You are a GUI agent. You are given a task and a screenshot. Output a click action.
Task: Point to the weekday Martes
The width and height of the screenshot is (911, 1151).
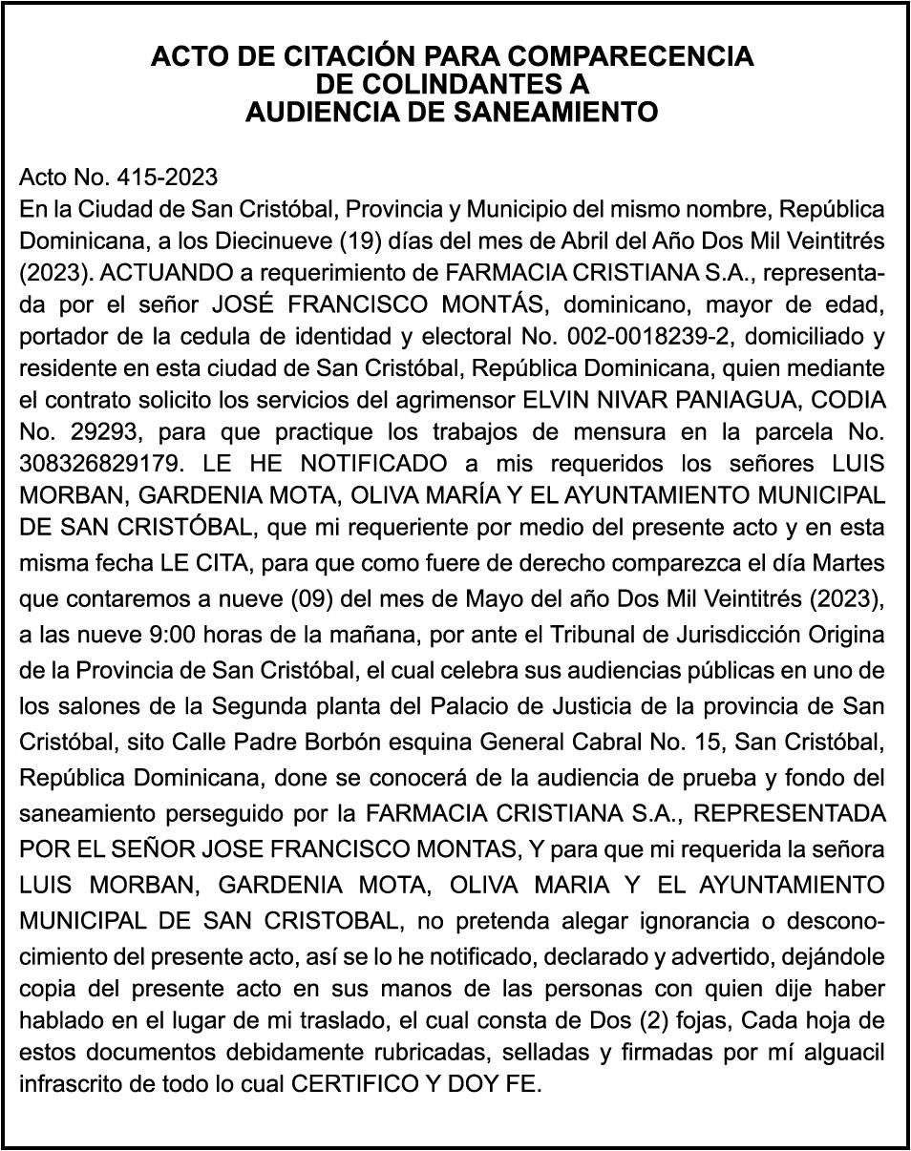click(x=849, y=560)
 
